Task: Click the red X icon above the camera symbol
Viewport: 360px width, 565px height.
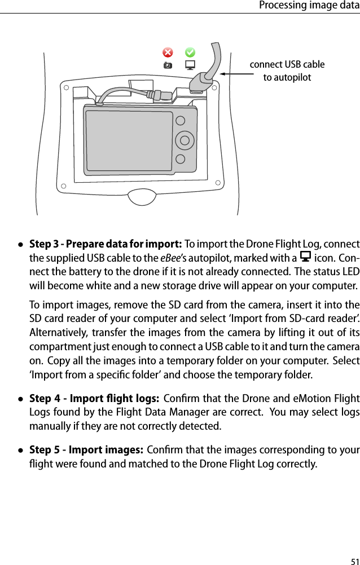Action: (x=168, y=52)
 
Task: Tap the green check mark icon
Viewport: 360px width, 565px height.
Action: (x=191, y=52)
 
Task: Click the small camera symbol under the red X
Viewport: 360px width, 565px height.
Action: (x=168, y=65)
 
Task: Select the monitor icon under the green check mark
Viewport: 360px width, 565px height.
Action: (x=191, y=65)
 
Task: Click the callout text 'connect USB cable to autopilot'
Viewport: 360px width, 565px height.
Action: (x=287, y=70)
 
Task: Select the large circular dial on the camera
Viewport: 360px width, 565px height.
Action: (x=183, y=139)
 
